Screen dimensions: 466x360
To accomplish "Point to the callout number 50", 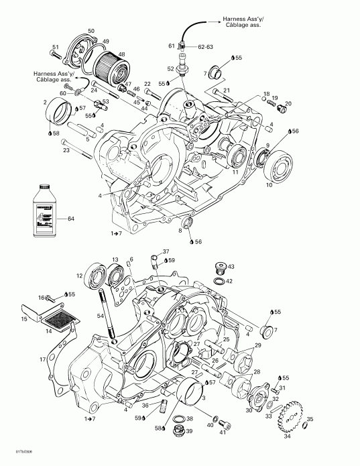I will click(91, 32).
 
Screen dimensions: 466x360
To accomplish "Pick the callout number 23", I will click(66, 150).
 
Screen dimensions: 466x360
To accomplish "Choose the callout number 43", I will click(231, 267).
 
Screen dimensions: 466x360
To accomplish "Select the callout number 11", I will click(235, 172).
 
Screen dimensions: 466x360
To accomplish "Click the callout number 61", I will click(172, 45).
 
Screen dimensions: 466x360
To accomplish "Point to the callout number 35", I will click(310, 419).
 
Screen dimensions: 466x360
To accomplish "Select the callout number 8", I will click(180, 230).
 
